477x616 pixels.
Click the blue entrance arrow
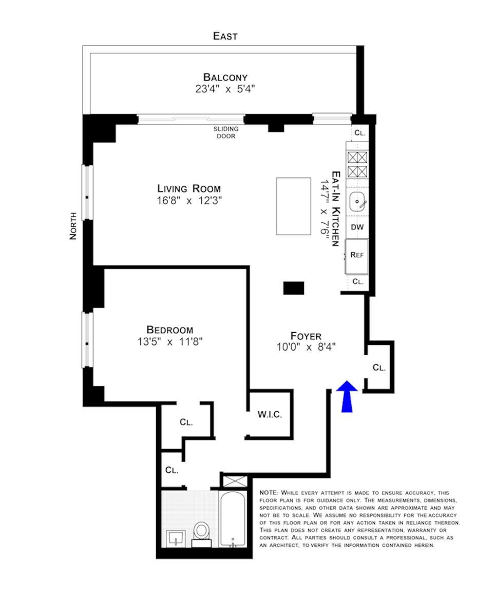click(x=347, y=396)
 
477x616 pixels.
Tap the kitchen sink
click(x=357, y=202)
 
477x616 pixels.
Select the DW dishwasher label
click(x=357, y=227)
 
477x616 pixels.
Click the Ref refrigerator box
click(x=356, y=257)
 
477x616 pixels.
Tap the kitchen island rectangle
click(x=293, y=206)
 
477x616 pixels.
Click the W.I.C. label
click(x=270, y=415)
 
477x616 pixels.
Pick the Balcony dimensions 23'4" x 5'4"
click(x=225, y=89)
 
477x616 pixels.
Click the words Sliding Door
click(x=226, y=132)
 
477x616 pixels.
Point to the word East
click(x=225, y=36)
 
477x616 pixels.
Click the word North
click(x=73, y=226)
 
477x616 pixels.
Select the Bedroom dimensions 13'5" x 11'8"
click(x=170, y=342)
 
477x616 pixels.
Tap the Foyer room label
click(x=306, y=336)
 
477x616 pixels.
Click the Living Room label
click(x=189, y=188)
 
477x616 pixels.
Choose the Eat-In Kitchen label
click(x=336, y=208)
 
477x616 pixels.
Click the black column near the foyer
click(x=294, y=288)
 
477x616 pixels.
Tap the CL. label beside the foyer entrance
click(x=379, y=368)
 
